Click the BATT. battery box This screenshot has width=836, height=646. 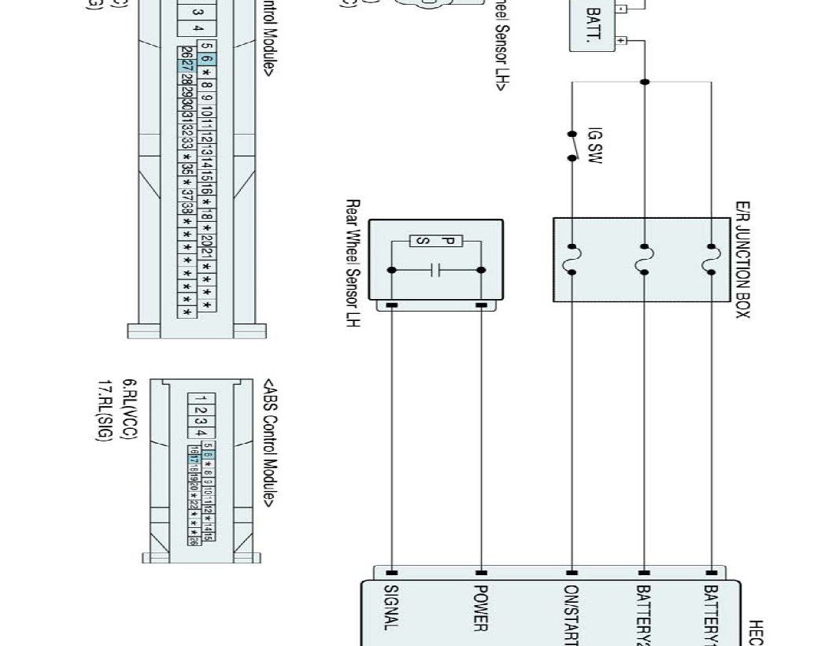(594, 25)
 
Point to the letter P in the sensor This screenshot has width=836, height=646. (446, 241)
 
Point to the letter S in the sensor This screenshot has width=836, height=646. (423, 241)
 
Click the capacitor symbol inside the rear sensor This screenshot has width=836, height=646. (435, 270)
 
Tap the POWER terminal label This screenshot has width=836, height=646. (481, 607)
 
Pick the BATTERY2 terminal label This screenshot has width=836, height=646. (644, 614)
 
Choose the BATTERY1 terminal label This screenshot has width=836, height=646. (712, 614)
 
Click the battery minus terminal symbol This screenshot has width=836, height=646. (621, 10)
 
